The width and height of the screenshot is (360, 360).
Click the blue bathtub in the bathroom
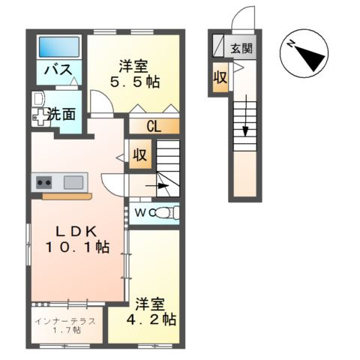click(x=59, y=47)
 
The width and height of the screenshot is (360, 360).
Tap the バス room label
click(x=58, y=69)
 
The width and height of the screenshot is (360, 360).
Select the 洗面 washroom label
click(x=61, y=115)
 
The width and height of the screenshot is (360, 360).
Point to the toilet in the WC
click(x=167, y=213)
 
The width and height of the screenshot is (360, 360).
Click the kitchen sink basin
click(x=73, y=182)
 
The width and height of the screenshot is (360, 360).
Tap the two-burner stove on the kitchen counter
click(x=44, y=183)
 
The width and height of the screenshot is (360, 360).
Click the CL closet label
click(x=154, y=127)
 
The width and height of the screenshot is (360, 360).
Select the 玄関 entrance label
click(x=241, y=49)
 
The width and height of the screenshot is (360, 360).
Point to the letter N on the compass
click(x=291, y=44)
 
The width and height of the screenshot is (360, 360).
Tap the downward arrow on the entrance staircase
click(x=246, y=115)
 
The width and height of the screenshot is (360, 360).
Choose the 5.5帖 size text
click(x=135, y=82)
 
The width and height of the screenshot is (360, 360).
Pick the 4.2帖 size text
click(x=151, y=319)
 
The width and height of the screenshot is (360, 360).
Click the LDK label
click(x=76, y=232)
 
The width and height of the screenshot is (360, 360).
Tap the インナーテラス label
click(x=65, y=321)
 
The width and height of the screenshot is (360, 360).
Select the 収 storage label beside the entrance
click(x=220, y=77)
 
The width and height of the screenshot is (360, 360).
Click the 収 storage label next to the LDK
click(x=139, y=155)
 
